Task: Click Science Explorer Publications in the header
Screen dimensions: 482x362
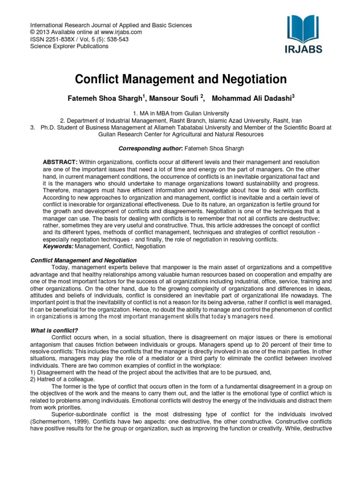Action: click(x=69, y=46)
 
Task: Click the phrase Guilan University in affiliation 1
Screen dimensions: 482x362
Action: click(x=206, y=113)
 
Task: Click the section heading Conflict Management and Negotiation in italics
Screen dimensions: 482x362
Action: click(x=83, y=260)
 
